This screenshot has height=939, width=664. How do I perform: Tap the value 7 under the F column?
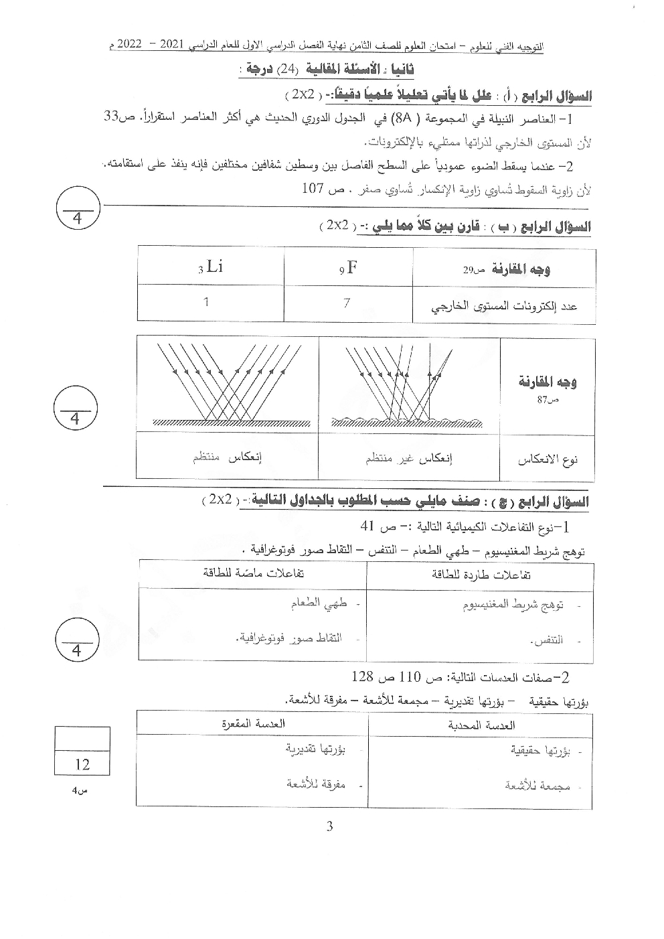(x=346, y=303)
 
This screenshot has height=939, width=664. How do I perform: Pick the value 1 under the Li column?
(x=206, y=302)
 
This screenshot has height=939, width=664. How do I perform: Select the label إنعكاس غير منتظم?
(x=409, y=459)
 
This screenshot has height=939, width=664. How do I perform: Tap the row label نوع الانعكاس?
(x=547, y=459)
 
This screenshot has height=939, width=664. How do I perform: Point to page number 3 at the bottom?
(x=329, y=826)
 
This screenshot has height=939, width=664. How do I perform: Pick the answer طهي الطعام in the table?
(x=319, y=603)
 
